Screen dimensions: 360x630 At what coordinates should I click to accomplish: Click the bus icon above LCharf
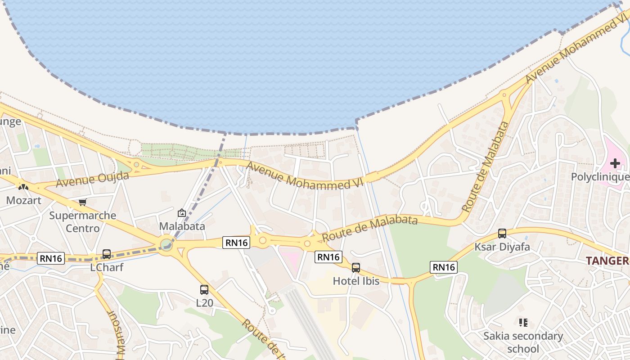(107, 254)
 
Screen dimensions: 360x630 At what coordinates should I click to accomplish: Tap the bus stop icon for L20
(204, 290)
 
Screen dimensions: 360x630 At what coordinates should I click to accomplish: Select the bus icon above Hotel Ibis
(356, 268)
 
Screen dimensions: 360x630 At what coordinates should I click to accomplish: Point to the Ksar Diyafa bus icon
(502, 234)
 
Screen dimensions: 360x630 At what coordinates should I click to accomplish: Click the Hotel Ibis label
(356, 281)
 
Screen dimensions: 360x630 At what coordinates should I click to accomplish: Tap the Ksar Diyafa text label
(502, 247)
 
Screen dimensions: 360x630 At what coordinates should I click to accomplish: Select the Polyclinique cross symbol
(615, 163)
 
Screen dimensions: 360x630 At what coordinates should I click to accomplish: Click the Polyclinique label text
(600, 177)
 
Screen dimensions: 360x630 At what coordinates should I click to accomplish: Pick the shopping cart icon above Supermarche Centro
(82, 202)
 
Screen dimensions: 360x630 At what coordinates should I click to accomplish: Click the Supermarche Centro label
(82, 222)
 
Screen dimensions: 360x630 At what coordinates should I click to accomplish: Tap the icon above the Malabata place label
(182, 213)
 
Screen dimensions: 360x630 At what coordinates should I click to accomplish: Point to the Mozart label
(23, 200)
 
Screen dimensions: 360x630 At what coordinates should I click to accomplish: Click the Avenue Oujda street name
(93, 179)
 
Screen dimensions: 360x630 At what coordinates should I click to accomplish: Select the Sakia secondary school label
(523, 342)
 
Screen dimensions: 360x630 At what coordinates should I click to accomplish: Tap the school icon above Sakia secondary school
(523, 323)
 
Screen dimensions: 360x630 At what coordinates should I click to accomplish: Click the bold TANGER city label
(607, 261)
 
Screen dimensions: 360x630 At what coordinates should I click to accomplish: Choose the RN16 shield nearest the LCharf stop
(52, 258)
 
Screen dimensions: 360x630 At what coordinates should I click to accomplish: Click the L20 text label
(204, 303)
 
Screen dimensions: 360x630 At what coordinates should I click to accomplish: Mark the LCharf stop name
(107, 267)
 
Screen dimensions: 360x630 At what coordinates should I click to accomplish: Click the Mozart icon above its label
(23, 187)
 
